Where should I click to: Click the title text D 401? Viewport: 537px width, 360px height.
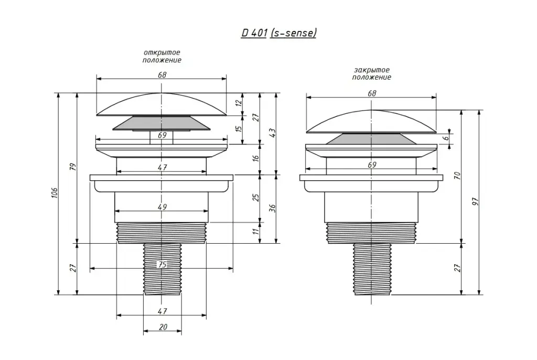tap(254, 33)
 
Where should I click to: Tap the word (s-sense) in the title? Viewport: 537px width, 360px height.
tap(293, 33)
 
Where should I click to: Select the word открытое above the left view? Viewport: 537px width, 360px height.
tap(162, 53)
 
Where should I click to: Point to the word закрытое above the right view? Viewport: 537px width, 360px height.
tap(372, 70)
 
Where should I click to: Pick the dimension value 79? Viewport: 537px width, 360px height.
tap(72, 167)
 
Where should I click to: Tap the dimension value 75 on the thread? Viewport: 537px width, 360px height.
tap(162, 265)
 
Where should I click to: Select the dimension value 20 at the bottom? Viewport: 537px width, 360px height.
tap(163, 327)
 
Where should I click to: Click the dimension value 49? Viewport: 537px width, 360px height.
tap(162, 207)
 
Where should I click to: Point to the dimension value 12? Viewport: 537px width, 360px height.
tap(239, 102)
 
